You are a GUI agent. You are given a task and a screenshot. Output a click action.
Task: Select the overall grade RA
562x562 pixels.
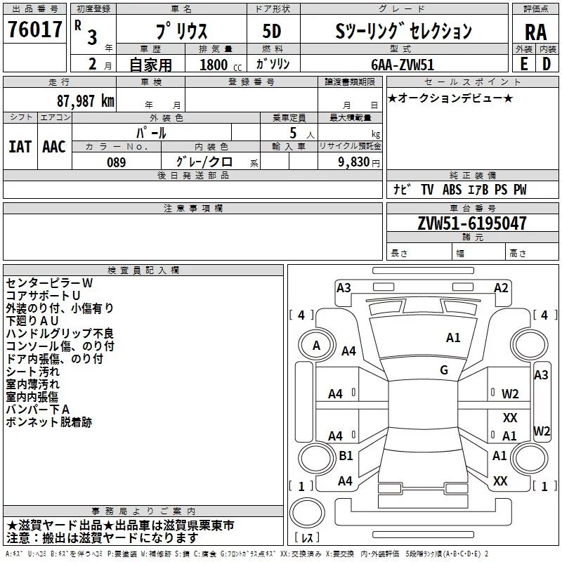[535, 32]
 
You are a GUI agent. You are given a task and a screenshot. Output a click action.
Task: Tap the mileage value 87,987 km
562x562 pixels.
[85, 100]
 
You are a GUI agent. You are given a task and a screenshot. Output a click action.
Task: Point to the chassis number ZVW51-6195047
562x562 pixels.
[472, 224]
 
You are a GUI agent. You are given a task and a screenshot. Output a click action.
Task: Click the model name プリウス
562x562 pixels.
[181, 31]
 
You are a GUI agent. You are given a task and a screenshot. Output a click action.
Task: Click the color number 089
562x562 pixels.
[116, 162]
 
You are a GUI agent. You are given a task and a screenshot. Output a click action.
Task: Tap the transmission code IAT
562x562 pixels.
[20, 147]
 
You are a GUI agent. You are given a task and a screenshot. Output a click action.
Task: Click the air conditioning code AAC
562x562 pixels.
[53, 147]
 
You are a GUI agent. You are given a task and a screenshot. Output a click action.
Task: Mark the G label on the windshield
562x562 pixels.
[443, 370]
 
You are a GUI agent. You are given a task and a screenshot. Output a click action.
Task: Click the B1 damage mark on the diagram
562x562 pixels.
[346, 456]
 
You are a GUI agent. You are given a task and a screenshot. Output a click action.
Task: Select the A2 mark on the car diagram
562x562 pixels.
[501, 287]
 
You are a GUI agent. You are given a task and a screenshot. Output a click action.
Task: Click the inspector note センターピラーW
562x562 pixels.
[49, 282]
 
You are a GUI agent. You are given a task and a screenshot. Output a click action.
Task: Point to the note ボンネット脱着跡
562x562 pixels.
[48, 423]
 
